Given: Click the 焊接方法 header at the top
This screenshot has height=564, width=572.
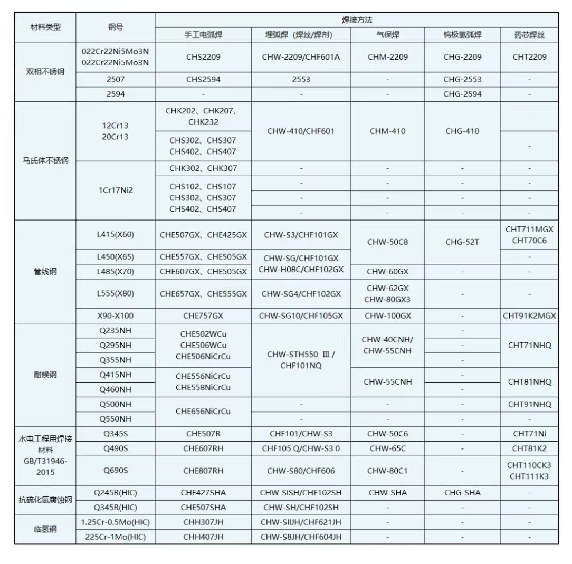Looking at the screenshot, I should click(x=357, y=20).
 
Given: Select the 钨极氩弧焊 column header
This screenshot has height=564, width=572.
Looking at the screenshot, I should click(x=462, y=35).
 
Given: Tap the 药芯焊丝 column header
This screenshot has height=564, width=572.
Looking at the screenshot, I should click(x=529, y=35).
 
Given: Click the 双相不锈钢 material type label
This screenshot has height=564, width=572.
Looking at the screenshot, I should click(x=45, y=72).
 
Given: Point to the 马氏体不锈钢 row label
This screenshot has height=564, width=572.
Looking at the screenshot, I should click(x=45, y=160).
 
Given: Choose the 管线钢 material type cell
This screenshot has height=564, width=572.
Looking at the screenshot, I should click(x=45, y=272).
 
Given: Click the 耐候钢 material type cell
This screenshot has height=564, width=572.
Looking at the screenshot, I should click(x=45, y=375).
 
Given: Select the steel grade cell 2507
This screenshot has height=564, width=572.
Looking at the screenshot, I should click(x=116, y=80).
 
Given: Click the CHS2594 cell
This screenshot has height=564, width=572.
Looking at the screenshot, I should click(x=203, y=80).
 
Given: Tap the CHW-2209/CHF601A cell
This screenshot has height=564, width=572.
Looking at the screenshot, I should click(x=301, y=57).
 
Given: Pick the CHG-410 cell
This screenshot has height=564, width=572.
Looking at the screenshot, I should click(x=462, y=131).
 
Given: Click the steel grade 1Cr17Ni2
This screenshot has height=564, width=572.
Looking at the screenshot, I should click(x=116, y=190).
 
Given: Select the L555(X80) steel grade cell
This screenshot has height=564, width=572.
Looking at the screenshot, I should click(x=116, y=294).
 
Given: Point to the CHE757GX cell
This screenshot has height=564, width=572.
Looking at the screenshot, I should click(x=203, y=316).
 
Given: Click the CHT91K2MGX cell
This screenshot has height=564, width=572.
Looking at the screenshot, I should click(x=529, y=316).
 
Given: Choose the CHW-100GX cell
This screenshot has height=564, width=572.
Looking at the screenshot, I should click(x=388, y=316).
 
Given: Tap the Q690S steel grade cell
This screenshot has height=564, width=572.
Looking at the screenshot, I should click(x=116, y=471).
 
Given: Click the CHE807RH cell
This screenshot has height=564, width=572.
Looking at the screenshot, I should click(x=203, y=471).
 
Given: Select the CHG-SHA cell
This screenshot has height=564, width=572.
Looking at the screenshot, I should click(x=462, y=493).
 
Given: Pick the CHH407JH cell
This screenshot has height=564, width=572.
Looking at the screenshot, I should click(x=203, y=537).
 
